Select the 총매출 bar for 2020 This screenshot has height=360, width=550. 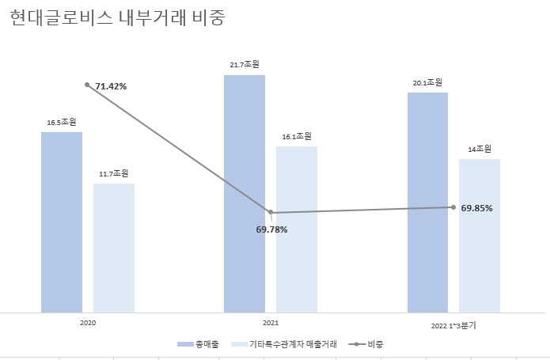pos(62,222)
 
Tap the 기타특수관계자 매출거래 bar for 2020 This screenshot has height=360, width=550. pos(114,248)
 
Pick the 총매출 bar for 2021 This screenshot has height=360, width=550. pos(245,194)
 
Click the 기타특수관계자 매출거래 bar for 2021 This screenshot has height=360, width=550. pos(297,229)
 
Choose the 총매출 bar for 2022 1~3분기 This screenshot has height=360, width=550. pos(427,202)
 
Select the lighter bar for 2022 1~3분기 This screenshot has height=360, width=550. pos(480,236)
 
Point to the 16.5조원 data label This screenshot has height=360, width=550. pos(62,122)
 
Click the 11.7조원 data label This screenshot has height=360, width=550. pos(114,173)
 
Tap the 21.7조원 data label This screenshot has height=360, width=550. pos(245,64)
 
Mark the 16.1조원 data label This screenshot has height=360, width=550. pos(297,136)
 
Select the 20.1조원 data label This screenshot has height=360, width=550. pos(427,82)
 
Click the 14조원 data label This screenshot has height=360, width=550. pos(480,149)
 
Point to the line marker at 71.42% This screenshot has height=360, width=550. pos(87,85)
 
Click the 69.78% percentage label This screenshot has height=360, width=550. pos(271,229)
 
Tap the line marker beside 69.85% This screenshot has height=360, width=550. pos(453,207)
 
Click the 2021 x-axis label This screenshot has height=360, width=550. pos(271,324)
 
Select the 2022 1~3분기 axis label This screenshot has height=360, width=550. pos(453,325)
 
